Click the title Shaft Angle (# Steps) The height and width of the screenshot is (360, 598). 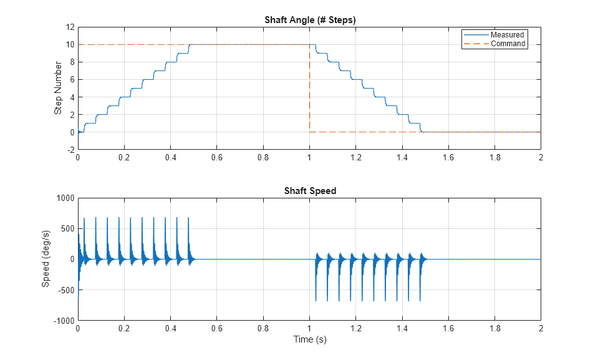pyautogui.click(x=309, y=20)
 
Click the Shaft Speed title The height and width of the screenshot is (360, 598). pyautogui.click(x=309, y=191)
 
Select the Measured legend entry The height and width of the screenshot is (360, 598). pyautogui.click(x=506, y=35)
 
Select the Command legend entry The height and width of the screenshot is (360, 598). pyautogui.click(x=508, y=44)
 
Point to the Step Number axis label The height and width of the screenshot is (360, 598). pyautogui.click(x=58, y=88)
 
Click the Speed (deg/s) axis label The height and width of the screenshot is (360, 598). pyautogui.click(x=46, y=259)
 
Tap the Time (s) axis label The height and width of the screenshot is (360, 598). pyautogui.click(x=309, y=339)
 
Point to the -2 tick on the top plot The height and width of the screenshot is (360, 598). pyautogui.click(x=70, y=150)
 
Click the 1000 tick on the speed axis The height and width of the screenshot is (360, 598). pyautogui.click(x=65, y=198)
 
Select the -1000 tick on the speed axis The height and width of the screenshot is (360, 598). pyautogui.click(x=64, y=321)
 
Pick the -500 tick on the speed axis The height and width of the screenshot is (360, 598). pyautogui.click(x=65, y=290)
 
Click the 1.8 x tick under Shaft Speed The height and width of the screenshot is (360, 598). pyautogui.click(x=494, y=328)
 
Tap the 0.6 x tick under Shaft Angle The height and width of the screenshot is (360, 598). pyautogui.click(x=216, y=158)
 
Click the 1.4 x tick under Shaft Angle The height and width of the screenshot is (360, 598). pyautogui.click(x=402, y=158)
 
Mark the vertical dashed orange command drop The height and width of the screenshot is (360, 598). pyautogui.click(x=309, y=88)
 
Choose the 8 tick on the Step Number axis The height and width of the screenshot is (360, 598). pyautogui.click(x=72, y=62)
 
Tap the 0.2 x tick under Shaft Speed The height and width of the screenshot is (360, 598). pyautogui.click(x=124, y=328)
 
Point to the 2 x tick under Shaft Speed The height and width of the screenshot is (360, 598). pyautogui.click(x=541, y=328)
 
